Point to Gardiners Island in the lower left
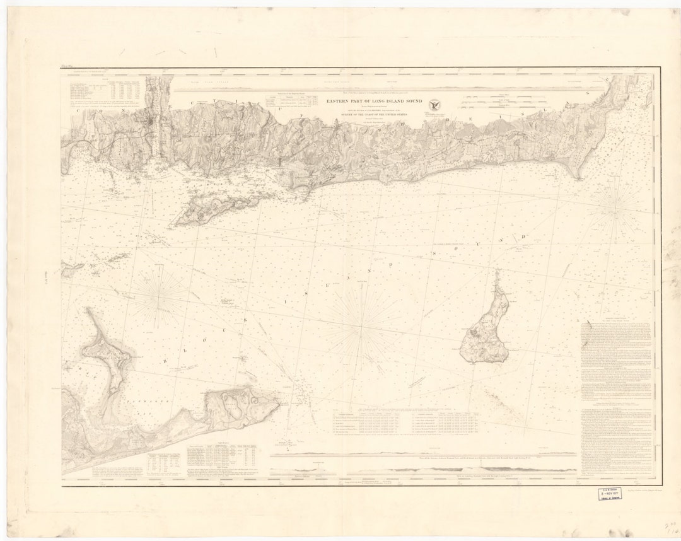tap(107, 353)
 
